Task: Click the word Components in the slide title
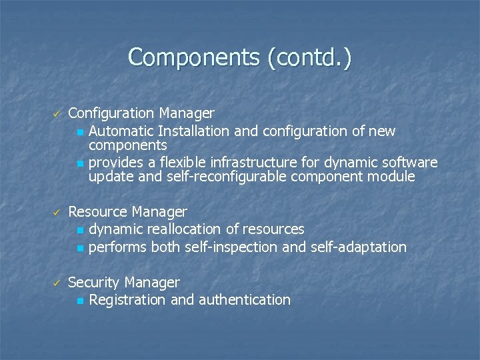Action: [x=193, y=57]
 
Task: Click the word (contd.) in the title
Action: [x=309, y=57]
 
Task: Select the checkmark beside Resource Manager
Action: [x=57, y=213]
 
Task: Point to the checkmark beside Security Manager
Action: [x=57, y=283]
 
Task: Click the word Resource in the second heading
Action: [x=97, y=212]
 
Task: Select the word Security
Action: [x=94, y=283]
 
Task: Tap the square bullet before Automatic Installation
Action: [x=80, y=132]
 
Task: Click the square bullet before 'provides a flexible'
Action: [x=80, y=163]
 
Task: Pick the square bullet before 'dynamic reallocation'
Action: [x=80, y=230]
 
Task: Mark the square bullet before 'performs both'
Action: [x=80, y=248]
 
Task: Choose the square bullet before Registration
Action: [x=80, y=301]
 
